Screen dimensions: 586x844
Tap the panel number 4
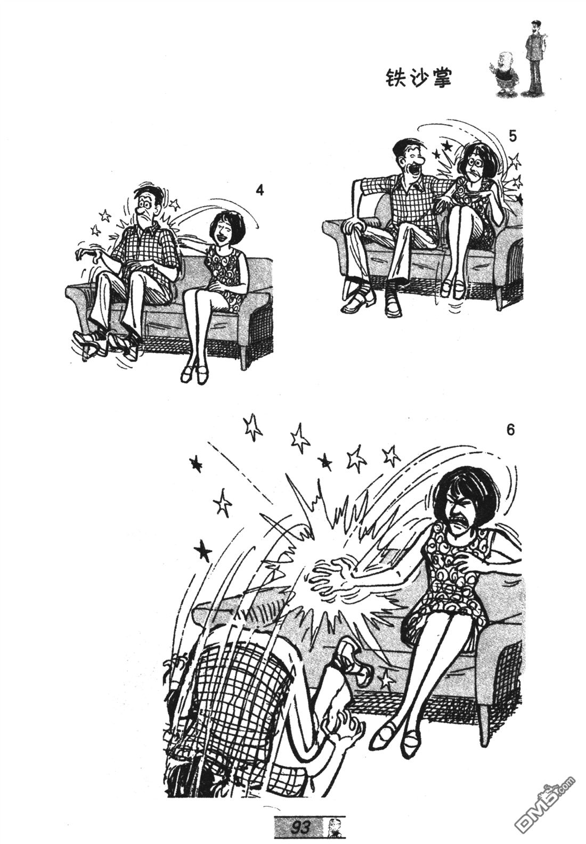pos(259,191)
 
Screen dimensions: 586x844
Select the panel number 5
pos(512,136)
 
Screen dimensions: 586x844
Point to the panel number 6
pos(510,430)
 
